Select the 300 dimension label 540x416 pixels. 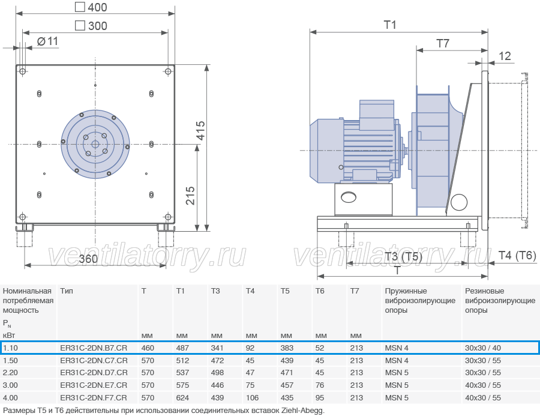point(91,25)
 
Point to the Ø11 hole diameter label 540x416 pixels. point(47,41)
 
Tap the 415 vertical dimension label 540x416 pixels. point(201,131)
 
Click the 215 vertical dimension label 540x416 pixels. point(190,196)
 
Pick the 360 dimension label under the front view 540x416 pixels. point(88,259)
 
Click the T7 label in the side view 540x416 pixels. point(443,43)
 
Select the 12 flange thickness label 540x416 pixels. point(505,56)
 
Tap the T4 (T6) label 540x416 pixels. point(517,255)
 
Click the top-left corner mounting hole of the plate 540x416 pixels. point(23,71)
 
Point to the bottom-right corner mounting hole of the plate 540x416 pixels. point(168,217)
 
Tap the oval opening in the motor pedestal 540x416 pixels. point(349,197)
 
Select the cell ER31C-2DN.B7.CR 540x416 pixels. point(94,348)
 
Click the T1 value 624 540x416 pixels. point(182,398)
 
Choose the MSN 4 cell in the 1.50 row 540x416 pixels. point(397,361)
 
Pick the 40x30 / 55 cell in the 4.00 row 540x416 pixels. point(483,398)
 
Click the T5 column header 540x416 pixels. point(285,291)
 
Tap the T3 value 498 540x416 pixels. point(217,373)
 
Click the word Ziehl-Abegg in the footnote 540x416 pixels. point(303,411)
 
